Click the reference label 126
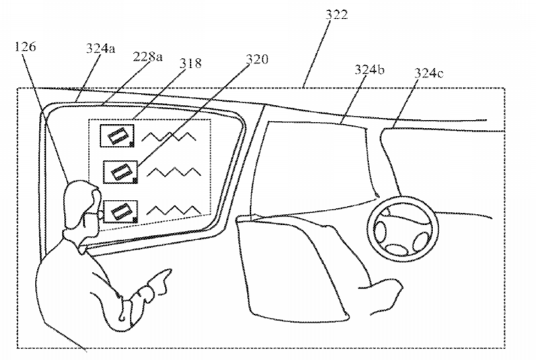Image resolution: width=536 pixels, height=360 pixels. tap(26, 46)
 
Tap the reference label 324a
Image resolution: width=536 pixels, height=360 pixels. tap(100, 48)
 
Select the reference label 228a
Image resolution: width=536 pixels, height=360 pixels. tap(147, 57)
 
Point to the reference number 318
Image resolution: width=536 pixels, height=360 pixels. tap(190, 63)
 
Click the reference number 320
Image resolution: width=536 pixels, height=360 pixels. tap(257, 59)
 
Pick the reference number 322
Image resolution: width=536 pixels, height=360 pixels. tap(336, 15)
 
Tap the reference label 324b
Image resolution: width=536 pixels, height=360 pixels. tap(369, 70)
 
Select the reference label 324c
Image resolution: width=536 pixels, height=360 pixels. tap(428, 73)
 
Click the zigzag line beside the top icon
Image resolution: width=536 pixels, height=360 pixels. tap(169, 137)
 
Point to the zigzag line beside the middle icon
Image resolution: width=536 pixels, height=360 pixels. tap(174, 172)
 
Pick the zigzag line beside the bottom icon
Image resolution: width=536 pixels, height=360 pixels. tap(174, 211)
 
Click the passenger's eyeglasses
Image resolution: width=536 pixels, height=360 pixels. tap(93, 216)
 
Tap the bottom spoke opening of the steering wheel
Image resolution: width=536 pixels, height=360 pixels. tap(396, 250)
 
